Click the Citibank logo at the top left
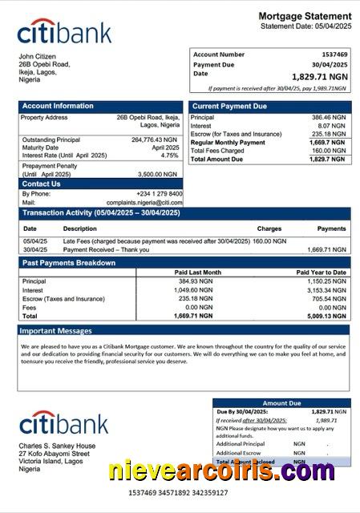point(64,33)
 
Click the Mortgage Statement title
point(305,16)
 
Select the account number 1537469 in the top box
point(332,55)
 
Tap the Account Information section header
point(58,106)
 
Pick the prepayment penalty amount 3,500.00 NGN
point(157,174)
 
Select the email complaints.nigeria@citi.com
point(144,203)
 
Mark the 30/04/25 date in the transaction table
point(35,249)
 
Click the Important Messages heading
point(56,330)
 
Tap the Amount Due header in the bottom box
point(281,403)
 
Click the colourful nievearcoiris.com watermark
point(221,471)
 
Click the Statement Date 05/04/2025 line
point(305,26)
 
